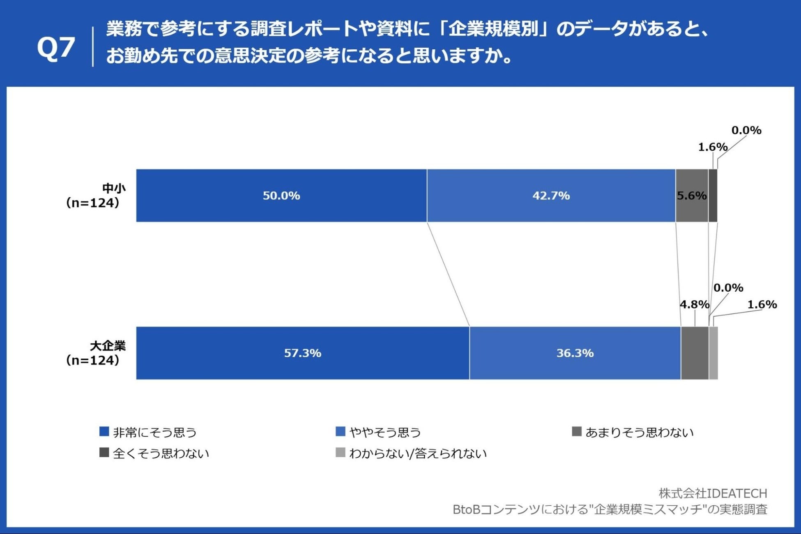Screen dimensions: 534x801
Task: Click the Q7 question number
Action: pyautogui.click(x=56, y=47)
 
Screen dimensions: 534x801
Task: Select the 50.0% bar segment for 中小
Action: pyautogui.click(x=281, y=196)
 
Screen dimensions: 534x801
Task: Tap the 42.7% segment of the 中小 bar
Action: pyautogui.click(x=551, y=196)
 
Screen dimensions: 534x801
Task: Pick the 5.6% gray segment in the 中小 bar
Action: pyautogui.click(x=692, y=196)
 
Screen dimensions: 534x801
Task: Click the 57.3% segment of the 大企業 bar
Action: pyautogui.click(x=303, y=353)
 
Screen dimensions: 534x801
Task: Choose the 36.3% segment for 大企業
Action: pyautogui.click(x=575, y=353)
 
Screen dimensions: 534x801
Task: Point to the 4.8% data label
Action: pyautogui.click(x=694, y=304)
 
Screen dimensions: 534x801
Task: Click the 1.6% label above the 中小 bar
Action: pyautogui.click(x=713, y=147)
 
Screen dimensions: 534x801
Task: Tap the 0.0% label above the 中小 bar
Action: pyautogui.click(x=746, y=130)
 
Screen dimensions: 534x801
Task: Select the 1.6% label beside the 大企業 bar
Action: pyautogui.click(x=762, y=304)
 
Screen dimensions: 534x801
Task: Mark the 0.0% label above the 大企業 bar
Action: pyautogui.click(x=728, y=288)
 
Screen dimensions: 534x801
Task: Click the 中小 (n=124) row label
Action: pyautogui.click(x=94, y=196)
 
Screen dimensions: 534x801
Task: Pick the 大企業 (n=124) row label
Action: pyautogui.click(x=94, y=353)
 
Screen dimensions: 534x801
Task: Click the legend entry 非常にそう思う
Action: pyautogui.click(x=149, y=432)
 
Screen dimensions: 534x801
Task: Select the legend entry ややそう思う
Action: pyautogui.click(x=379, y=432)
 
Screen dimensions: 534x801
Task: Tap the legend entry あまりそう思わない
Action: pyautogui.click(x=633, y=432)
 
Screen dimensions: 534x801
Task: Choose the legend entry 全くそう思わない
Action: pyautogui.click(x=154, y=453)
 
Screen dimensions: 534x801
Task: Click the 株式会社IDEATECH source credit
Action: pyautogui.click(x=713, y=493)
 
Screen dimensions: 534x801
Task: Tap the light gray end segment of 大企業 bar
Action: pyautogui.click(x=714, y=353)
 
